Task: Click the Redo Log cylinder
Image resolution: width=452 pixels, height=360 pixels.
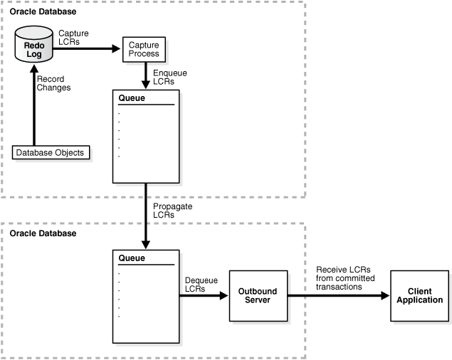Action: point(33,48)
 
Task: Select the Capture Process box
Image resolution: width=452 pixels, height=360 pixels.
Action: point(144,49)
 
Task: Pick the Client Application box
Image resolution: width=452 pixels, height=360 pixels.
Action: point(420,296)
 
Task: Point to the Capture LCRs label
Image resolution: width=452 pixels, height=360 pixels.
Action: point(68,38)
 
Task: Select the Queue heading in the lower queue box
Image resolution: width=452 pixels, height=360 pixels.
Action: point(130,258)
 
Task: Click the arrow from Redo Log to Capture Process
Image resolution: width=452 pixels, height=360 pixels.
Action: point(85,49)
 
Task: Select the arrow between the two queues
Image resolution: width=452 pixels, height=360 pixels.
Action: point(145,213)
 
